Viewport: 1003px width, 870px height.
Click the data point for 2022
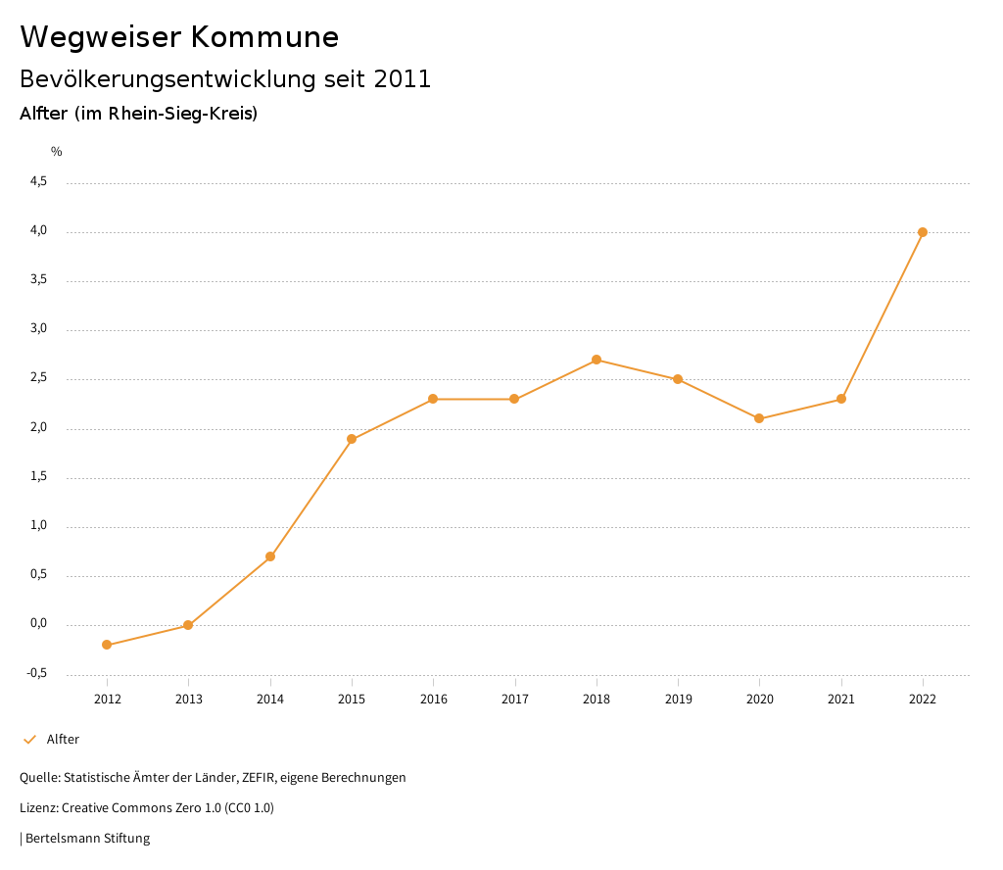click(x=923, y=232)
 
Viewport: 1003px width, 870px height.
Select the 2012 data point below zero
click(x=107, y=645)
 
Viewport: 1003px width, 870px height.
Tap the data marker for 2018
click(x=597, y=360)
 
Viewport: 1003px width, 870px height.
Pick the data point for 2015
click(x=352, y=439)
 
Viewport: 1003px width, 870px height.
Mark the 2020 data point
click(x=759, y=418)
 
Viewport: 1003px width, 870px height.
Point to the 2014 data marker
click(x=270, y=556)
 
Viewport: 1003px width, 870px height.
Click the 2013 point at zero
click(x=188, y=625)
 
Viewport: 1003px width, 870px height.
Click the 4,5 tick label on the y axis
click(x=39, y=181)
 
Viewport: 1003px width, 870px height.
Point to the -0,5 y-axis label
click(x=37, y=673)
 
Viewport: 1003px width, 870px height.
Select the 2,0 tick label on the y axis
click(x=39, y=427)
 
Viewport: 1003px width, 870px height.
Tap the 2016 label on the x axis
click(x=433, y=699)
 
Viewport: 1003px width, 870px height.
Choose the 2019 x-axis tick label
click(x=678, y=699)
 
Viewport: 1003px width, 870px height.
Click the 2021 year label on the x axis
click(x=841, y=699)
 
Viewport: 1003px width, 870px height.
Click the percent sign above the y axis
click(x=57, y=152)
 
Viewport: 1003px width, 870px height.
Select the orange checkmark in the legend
click(x=29, y=740)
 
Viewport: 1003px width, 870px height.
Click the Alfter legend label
click(x=63, y=740)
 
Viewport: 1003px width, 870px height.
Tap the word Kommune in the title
click(x=265, y=37)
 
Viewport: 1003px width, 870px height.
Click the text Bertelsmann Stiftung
click(x=87, y=839)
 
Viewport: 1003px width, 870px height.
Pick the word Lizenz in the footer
click(x=37, y=808)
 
